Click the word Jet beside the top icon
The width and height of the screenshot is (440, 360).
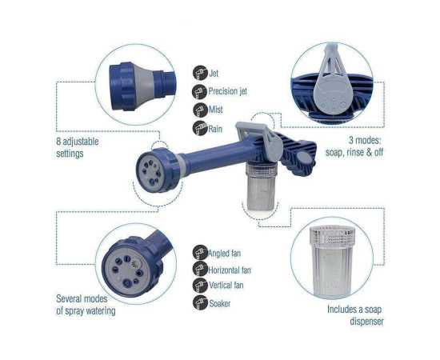click(214, 73)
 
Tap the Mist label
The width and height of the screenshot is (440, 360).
click(216, 110)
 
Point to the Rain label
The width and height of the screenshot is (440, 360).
click(217, 128)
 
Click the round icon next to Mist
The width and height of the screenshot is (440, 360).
click(198, 110)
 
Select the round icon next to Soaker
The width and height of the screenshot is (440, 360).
click(198, 302)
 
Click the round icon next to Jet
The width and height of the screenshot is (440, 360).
click(198, 73)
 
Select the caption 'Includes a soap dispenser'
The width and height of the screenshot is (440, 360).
click(355, 314)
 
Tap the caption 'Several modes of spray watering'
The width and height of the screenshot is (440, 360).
click(86, 305)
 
